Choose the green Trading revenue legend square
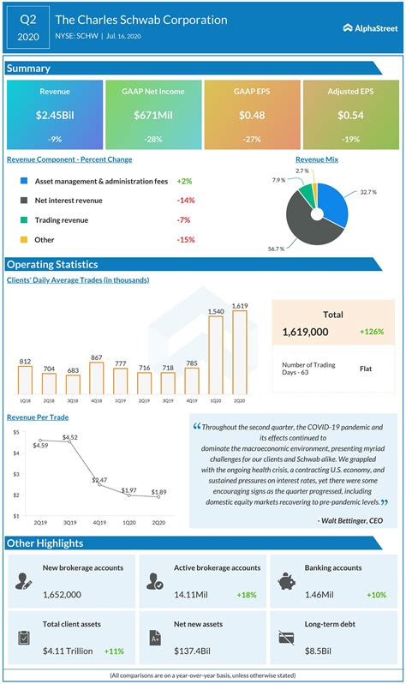click(25, 219)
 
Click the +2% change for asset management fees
click(185, 182)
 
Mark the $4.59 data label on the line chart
click(40, 445)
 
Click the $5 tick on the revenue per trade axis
click(16, 432)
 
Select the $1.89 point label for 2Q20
click(159, 492)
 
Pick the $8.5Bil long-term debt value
click(321, 651)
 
